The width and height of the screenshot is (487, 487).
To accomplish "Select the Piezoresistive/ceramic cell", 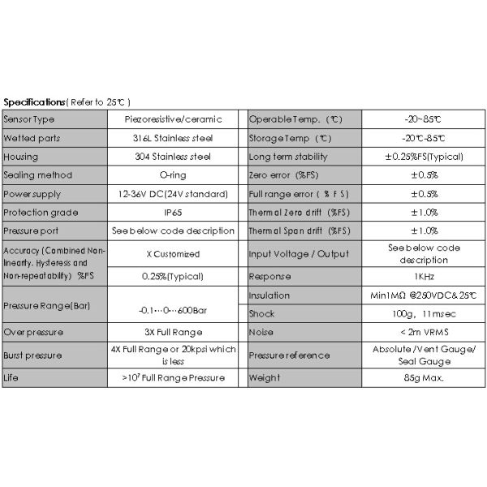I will pyautogui.click(x=173, y=119).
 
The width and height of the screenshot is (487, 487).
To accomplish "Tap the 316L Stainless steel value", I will pyautogui.click(x=173, y=138).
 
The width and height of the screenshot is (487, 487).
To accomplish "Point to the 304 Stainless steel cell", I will pyautogui.click(x=173, y=157).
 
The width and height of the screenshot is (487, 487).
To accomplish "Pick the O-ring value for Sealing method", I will pyautogui.click(x=173, y=175).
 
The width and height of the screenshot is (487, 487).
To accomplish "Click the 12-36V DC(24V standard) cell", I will pyautogui.click(x=173, y=194).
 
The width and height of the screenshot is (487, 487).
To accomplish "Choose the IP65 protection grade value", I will pyautogui.click(x=173, y=213).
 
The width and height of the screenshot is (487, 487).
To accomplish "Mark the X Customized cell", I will pyautogui.click(x=173, y=252).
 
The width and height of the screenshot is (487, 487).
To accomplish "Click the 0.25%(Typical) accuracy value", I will pyautogui.click(x=173, y=275).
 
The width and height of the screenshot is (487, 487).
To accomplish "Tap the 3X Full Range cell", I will pyautogui.click(x=173, y=332).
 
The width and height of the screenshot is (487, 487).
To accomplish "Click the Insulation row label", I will pyautogui.click(x=269, y=295).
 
